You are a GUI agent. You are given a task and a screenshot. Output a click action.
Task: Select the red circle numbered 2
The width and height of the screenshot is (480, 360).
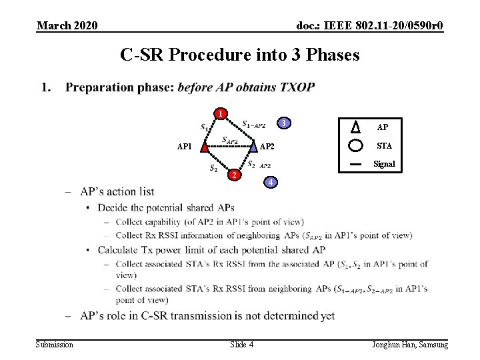[x=232, y=175]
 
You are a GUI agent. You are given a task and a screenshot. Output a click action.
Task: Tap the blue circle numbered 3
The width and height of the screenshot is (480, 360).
[x=283, y=123]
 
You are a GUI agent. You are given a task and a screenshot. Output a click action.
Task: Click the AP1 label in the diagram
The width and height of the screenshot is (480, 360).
[x=184, y=146]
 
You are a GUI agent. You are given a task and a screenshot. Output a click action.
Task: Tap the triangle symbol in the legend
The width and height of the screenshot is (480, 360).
[x=356, y=127]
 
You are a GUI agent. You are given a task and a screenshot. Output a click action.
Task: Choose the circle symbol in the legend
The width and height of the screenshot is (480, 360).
[x=356, y=145]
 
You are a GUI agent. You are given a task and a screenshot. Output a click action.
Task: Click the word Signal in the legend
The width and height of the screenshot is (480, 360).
[x=384, y=164]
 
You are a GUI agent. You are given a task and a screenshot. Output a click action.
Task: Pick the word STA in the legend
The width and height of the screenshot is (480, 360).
[x=385, y=145]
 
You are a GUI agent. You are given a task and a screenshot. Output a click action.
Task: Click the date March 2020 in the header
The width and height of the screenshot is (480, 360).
[x=67, y=25]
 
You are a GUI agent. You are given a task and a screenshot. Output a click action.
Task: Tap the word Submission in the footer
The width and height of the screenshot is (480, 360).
[x=55, y=344]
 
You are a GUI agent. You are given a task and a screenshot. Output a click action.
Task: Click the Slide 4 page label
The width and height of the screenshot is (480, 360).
[x=241, y=344]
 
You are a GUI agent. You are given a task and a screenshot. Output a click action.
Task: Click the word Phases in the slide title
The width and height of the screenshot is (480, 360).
[x=331, y=55]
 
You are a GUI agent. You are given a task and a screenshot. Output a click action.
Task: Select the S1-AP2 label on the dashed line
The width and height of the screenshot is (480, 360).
[x=253, y=124]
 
